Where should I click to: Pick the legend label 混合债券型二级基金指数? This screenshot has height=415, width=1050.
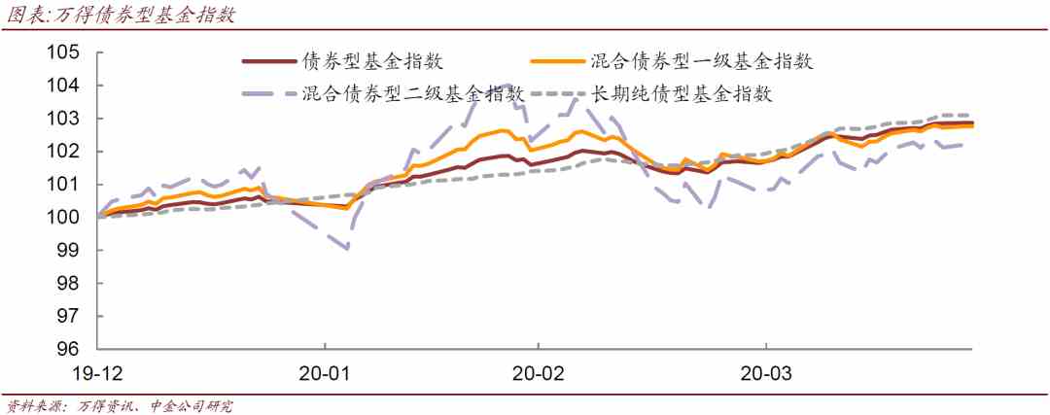coord(413,93)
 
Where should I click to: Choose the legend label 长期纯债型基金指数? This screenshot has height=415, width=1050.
coord(682,93)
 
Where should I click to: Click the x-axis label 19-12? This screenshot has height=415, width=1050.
coord(101,373)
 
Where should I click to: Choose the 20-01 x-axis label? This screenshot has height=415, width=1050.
coord(325,373)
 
